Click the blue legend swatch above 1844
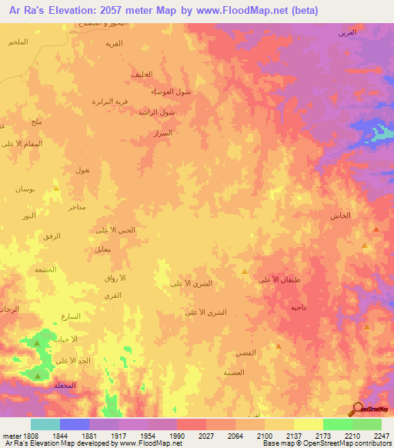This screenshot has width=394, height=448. [x=75, y=424]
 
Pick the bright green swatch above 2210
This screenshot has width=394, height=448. [x=337, y=424]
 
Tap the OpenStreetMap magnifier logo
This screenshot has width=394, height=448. [x=357, y=409]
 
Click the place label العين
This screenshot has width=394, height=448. [x=347, y=33]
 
